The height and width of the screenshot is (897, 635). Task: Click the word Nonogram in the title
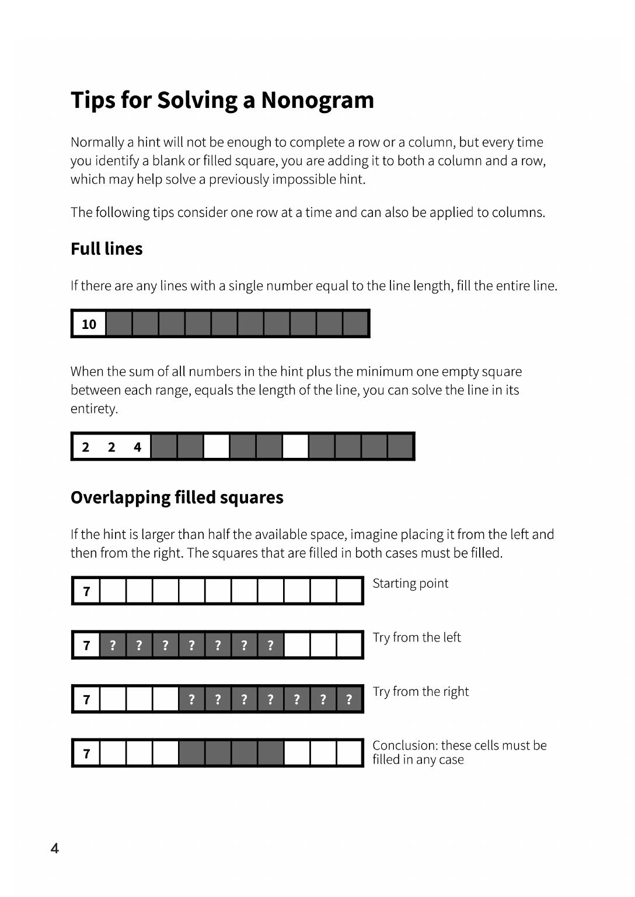(317, 100)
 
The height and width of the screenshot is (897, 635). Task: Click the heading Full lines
(106, 249)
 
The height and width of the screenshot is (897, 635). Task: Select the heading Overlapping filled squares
(177, 497)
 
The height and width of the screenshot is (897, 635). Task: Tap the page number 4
(55, 848)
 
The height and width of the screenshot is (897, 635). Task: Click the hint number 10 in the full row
(89, 324)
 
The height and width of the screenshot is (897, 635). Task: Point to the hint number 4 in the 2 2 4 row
(137, 447)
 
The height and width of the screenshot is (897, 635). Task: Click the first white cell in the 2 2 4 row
(217, 447)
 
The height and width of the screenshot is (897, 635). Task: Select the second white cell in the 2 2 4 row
(295, 447)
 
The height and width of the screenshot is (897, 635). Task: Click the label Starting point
(410, 583)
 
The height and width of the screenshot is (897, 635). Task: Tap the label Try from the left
(417, 637)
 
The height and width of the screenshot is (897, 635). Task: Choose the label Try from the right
(420, 692)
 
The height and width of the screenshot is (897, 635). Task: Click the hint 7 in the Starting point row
(86, 591)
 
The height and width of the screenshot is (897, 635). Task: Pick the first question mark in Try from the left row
(113, 645)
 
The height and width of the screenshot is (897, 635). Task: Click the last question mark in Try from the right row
(349, 699)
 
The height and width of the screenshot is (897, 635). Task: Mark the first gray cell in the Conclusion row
(191, 753)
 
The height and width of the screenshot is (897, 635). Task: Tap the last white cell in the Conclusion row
(349, 753)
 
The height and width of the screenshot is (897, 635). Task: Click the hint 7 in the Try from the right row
(86, 699)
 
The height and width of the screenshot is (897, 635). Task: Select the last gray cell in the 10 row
(355, 324)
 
